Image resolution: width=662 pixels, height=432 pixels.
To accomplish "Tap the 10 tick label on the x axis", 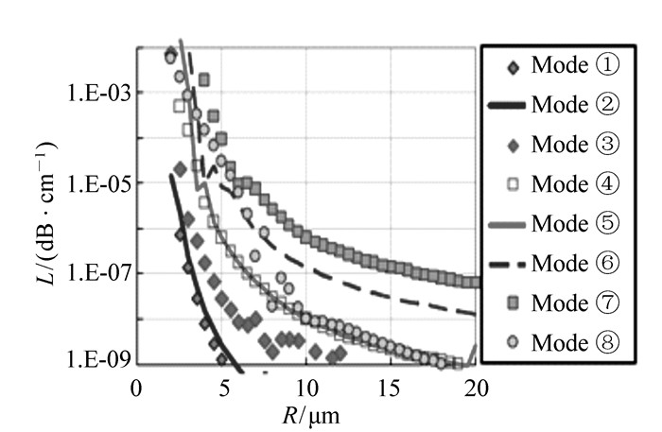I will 305,389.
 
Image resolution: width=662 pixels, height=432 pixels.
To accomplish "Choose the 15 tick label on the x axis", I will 391,389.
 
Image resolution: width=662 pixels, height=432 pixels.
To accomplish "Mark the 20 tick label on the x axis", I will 475,389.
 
